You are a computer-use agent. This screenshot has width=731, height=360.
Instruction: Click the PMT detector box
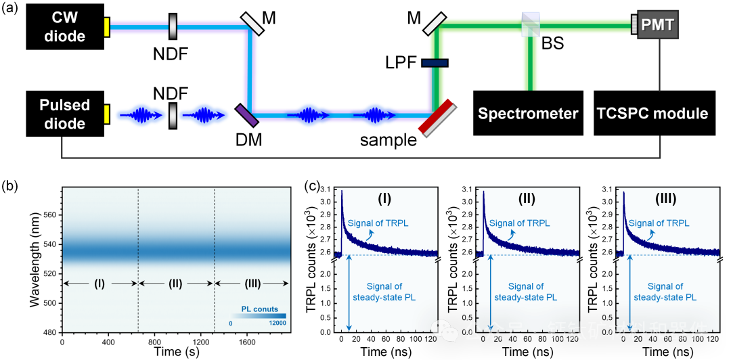pyautogui.click(x=657, y=26)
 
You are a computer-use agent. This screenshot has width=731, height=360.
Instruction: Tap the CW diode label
pyautogui.click(x=65, y=26)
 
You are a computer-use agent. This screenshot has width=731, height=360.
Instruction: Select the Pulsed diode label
pyautogui.click(x=64, y=114)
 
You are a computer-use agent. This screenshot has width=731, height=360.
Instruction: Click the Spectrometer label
pyautogui.click(x=528, y=114)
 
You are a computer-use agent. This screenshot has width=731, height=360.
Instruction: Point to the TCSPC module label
pyautogui.click(x=652, y=114)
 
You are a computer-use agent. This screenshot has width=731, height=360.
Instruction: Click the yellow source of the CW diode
pyautogui.click(x=106, y=27)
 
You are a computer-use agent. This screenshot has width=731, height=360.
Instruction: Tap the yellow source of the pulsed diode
pyautogui.click(x=106, y=114)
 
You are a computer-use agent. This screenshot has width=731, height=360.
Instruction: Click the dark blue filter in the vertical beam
pyautogui.click(x=434, y=63)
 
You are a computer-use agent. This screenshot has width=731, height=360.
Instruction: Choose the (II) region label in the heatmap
pyautogui.click(x=175, y=284)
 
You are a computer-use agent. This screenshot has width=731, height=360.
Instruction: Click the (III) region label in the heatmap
pyautogui.click(x=252, y=284)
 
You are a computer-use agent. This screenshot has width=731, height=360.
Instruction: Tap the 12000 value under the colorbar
pyautogui.click(x=277, y=323)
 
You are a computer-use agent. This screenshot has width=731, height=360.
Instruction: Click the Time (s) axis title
pyautogui.click(x=178, y=353)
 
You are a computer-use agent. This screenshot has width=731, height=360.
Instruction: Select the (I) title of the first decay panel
pyautogui.click(x=384, y=199)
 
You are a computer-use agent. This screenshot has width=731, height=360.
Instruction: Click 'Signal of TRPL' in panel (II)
pyautogui.click(x=520, y=223)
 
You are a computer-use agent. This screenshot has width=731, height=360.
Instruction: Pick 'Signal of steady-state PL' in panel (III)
pyautogui.click(x=665, y=292)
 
